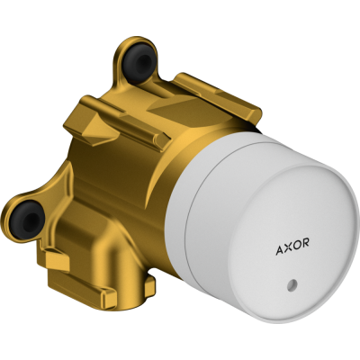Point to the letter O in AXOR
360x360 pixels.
(x=296, y=244)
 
